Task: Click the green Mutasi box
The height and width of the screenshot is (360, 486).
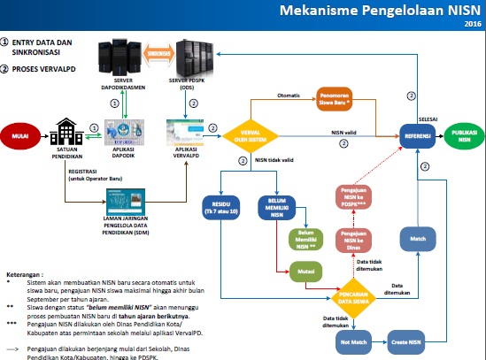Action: [x=304, y=264]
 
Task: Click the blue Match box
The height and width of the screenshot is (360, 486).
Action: [x=416, y=239]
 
